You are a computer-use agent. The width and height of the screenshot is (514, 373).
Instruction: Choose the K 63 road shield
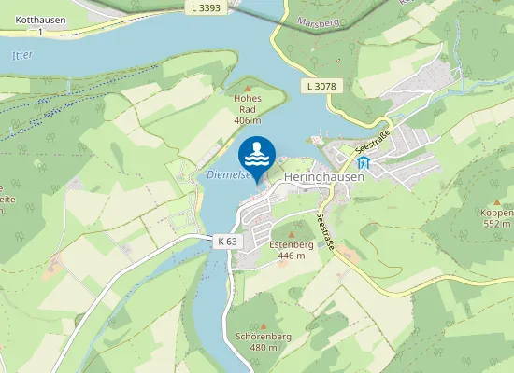click(226, 241)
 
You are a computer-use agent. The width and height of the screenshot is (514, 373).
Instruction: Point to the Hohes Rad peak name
click(248, 104)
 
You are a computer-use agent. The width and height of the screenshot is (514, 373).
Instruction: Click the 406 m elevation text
click(247, 120)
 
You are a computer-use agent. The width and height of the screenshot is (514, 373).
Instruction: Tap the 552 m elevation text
click(496, 224)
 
